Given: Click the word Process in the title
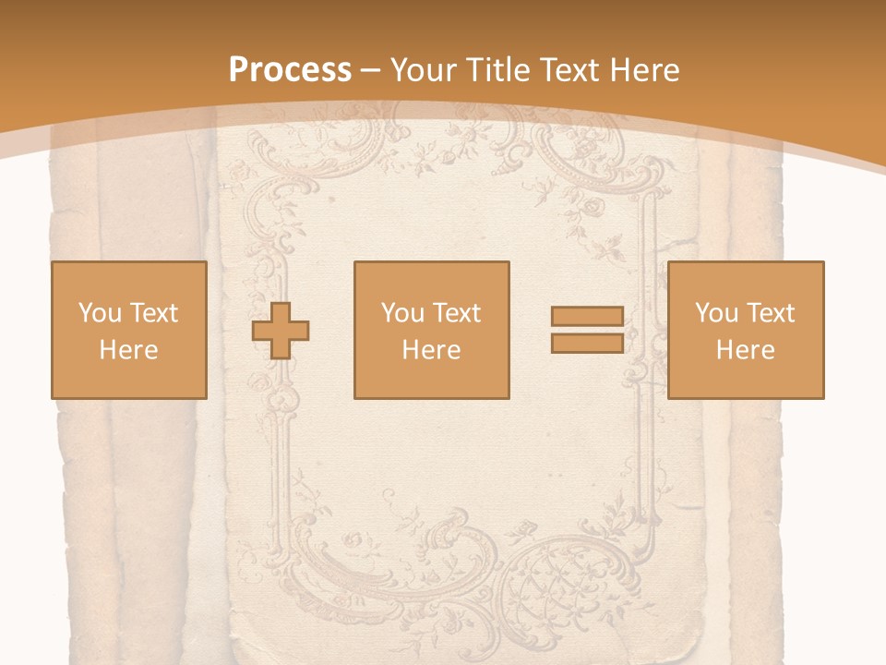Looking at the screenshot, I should (x=290, y=70).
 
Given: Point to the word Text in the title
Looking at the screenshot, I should (x=568, y=70).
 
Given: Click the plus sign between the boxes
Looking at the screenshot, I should (x=281, y=331).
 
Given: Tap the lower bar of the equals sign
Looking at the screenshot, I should (x=587, y=343).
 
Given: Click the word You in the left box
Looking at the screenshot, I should (x=100, y=313).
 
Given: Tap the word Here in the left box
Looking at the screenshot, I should (x=128, y=350).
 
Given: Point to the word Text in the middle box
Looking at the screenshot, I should (x=457, y=313).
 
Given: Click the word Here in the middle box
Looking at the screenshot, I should (x=431, y=350).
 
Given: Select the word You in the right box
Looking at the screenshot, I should (x=716, y=313).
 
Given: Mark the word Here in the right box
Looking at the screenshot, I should (x=745, y=350).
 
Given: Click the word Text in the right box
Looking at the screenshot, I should (x=771, y=313).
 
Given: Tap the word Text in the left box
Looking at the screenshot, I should (x=154, y=313).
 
